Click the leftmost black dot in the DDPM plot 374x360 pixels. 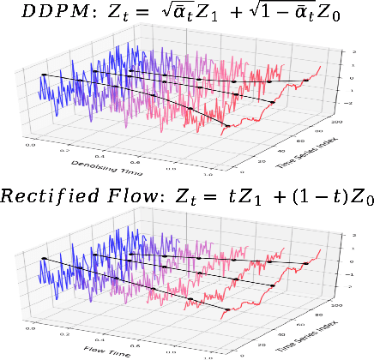pyautogui.click(x=44, y=75)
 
